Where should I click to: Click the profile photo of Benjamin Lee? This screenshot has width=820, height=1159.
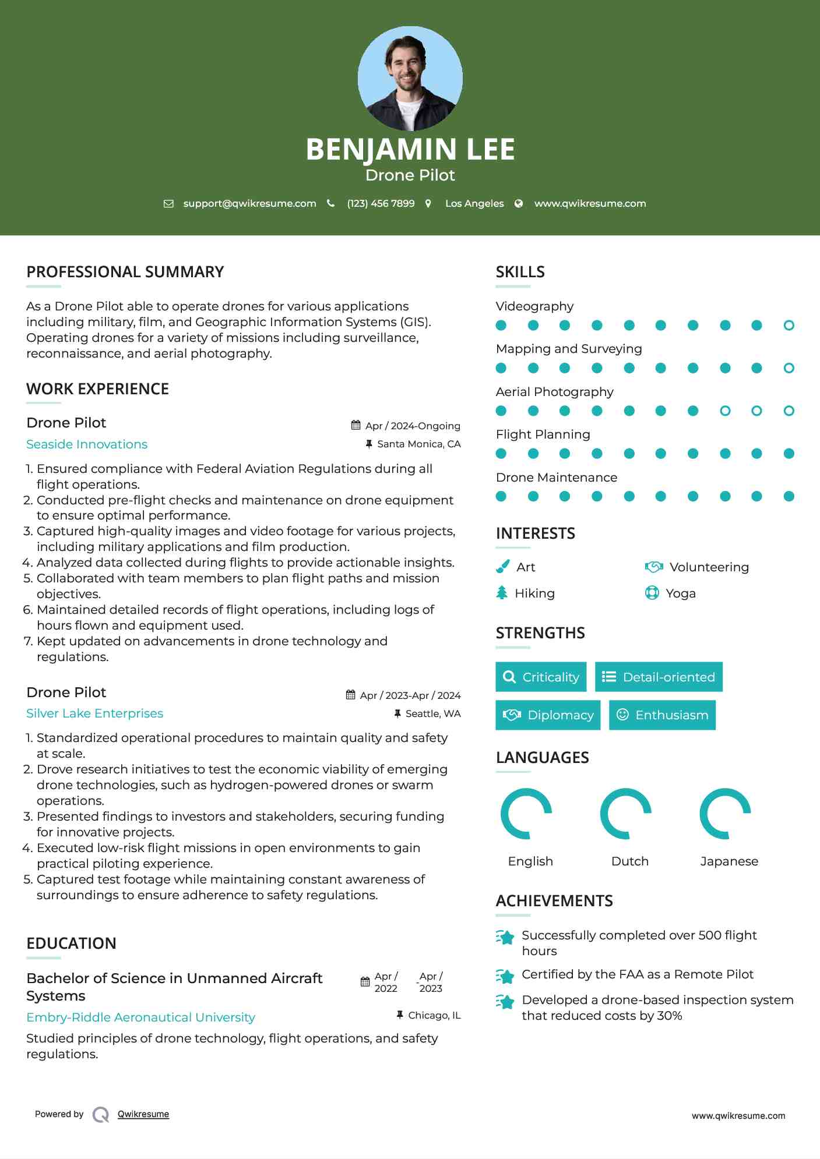(x=410, y=78)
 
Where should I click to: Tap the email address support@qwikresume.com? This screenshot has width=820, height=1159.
(x=249, y=203)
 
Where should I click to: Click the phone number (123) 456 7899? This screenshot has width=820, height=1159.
(x=381, y=203)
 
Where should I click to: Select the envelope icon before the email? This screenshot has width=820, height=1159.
(x=168, y=203)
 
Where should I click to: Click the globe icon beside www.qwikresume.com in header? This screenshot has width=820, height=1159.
(x=519, y=203)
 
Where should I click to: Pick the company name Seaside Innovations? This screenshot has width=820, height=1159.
(x=87, y=444)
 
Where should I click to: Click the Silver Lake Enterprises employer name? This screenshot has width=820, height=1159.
(x=94, y=713)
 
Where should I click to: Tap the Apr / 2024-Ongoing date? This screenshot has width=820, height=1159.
(x=413, y=426)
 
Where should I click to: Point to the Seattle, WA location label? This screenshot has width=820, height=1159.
(x=432, y=713)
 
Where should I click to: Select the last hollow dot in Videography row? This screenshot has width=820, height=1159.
(x=789, y=326)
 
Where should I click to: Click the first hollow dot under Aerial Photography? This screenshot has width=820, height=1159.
(x=725, y=411)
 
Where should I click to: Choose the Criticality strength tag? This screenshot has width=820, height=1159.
(x=541, y=677)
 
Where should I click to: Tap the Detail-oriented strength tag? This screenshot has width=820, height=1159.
(x=659, y=677)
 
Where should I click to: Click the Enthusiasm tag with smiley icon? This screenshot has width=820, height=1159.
(x=662, y=715)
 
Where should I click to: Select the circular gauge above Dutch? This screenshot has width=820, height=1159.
(x=626, y=814)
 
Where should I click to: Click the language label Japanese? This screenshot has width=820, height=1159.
(x=729, y=861)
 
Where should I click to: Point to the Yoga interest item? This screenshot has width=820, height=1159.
(x=680, y=593)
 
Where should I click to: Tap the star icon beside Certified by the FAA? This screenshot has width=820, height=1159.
(x=505, y=976)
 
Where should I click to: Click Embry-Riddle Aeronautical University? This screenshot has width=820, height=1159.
(x=140, y=1017)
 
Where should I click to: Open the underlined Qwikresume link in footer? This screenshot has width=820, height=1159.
(x=143, y=1114)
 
